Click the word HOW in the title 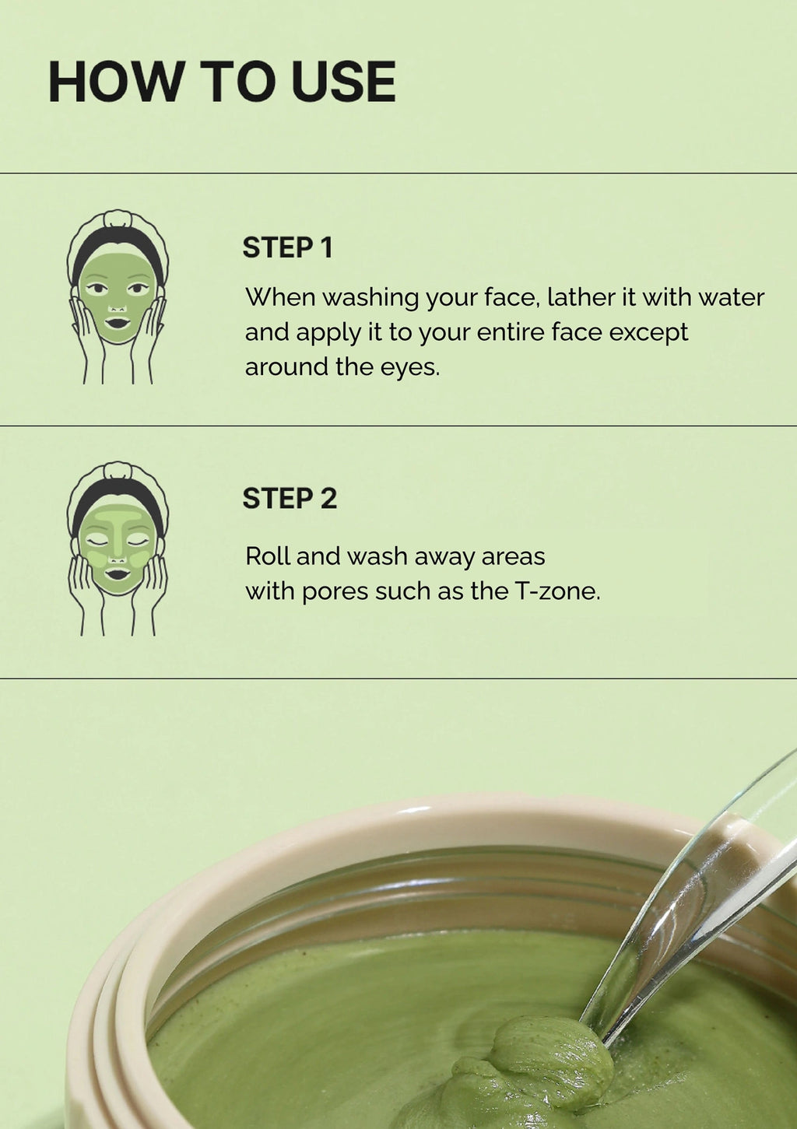point(115,82)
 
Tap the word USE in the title point(343,82)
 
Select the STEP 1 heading point(288,247)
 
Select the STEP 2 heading point(290,499)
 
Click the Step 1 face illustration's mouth point(118,322)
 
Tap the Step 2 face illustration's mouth point(118,574)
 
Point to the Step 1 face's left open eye point(96,289)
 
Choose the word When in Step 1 point(280,297)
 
